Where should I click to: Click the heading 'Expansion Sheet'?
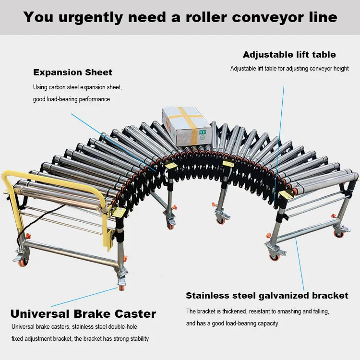[72, 72]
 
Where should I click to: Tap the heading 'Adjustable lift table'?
[289, 54]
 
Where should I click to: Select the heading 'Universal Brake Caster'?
[83, 314]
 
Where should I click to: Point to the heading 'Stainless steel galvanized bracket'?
[267, 295]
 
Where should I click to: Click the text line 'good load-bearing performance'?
[72, 99]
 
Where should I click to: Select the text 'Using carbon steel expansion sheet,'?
[77, 87]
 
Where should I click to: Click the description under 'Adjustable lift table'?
[289, 69]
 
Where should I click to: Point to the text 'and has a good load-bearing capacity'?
[232, 324]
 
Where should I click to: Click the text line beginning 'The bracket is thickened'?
[258, 312]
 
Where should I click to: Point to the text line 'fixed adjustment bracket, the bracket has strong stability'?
[80, 338]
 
